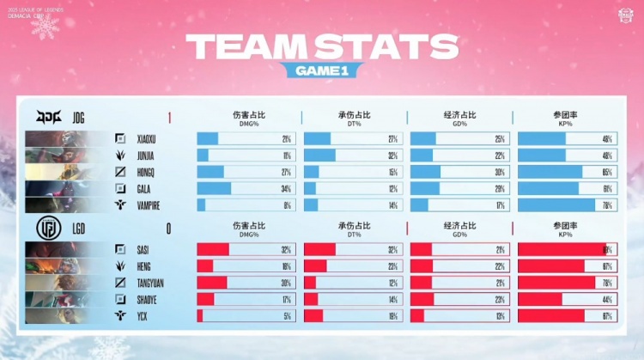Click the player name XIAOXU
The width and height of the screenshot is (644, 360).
[150, 139]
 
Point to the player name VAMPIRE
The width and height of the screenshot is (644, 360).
[151, 205]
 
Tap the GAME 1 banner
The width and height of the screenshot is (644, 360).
[322, 71]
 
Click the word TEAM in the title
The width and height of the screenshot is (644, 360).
[248, 46]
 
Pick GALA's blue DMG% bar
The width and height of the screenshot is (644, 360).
[214, 188]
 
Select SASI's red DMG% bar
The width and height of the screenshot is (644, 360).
[213, 249]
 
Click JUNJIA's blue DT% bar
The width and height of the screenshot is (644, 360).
[319, 156]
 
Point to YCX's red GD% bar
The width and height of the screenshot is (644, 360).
[417, 315]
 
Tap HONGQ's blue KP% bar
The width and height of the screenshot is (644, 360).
[550, 172]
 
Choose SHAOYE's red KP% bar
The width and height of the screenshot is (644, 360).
[540, 299]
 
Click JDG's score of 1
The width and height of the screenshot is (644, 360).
[170, 117]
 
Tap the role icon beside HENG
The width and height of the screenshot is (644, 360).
[121, 266]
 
